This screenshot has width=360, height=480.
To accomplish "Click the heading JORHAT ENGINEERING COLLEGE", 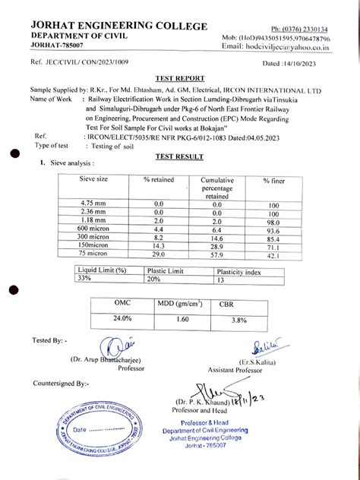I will coord(118,27).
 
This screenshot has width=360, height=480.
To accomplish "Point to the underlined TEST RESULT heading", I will coord(179,156).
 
